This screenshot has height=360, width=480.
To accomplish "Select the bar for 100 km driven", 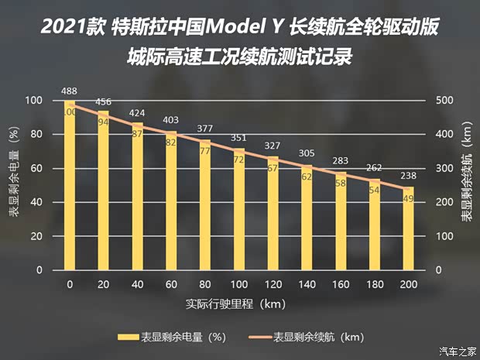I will pyautogui.click(x=238, y=209).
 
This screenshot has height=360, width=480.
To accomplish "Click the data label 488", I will pyautogui.click(x=70, y=91).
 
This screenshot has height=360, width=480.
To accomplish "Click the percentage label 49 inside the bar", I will pyautogui.click(x=407, y=198).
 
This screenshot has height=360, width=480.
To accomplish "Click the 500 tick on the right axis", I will pyautogui.click(x=441, y=101).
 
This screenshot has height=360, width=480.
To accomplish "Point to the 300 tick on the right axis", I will pyautogui.click(x=441, y=169).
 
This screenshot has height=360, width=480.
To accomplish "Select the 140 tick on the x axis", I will pyautogui.click(x=306, y=285).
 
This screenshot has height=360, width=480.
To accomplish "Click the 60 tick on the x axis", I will pyautogui.click(x=171, y=285).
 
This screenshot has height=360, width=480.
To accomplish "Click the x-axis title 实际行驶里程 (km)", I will pyautogui.click(x=238, y=304).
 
